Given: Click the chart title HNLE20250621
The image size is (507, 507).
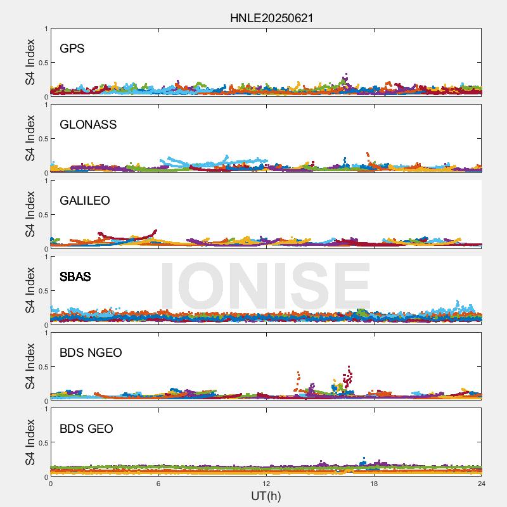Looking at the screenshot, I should (x=271, y=18).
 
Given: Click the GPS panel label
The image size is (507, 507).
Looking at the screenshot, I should (x=72, y=48).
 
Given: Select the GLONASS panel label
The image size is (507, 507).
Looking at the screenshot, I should (x=88, y=124).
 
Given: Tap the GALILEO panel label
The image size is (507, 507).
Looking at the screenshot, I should (x=85, y=200).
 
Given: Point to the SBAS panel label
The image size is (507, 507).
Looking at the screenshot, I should (x=75, y=276).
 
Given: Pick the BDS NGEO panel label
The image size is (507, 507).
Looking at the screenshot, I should (x=91, y=352).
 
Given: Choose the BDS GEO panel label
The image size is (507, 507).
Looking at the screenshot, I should (x=86, y=428).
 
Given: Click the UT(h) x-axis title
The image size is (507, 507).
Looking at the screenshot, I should (x=266, y=496).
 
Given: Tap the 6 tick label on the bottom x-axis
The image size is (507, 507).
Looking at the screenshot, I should (x=158, y=484).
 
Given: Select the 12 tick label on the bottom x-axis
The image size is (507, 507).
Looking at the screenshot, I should (x=266, y=484).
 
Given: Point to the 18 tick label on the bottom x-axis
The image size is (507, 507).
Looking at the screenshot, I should (x=374, y=484).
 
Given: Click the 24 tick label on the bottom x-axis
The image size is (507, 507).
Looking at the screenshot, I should (x=482, y=484).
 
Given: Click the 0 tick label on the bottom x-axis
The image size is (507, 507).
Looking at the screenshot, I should (x=51, y=484).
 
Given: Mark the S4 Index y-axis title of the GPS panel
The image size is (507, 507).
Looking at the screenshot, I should (x=29, y=62).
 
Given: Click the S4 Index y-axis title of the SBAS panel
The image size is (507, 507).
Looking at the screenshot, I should (x=29, y=290).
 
